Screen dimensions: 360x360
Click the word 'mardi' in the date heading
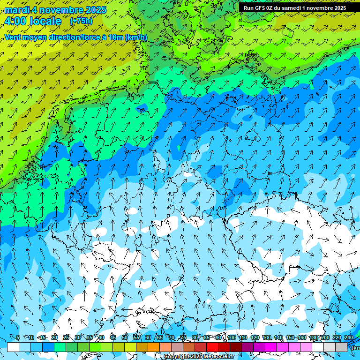(17, 10)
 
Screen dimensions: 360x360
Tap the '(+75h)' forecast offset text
(81, 21)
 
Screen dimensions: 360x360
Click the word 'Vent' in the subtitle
(14, 37)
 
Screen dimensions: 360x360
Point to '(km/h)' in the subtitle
(136, 37)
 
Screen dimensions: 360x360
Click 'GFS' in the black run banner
(261, 8)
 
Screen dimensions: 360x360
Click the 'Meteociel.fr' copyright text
(218, 357)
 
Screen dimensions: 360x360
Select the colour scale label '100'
(232, 338)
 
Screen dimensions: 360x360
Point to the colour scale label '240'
(349, 338)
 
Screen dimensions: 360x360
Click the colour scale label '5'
(18, 338)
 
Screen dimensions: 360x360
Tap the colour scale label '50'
(125, 338)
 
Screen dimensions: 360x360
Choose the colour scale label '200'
(325, 338)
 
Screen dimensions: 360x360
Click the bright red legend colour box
(212, 347)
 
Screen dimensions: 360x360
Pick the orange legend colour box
(154, 347)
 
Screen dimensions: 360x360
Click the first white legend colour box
(13, 347)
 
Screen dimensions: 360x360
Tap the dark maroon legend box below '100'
(236, 347)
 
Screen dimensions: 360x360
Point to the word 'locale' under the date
(45, 22)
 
